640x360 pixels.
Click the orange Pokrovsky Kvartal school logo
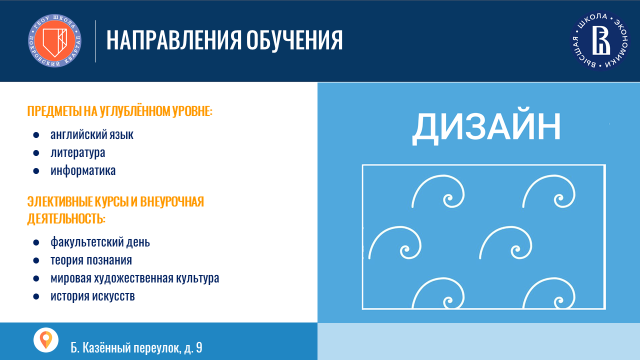tap(54, 40)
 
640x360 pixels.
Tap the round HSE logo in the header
tap(600, 40)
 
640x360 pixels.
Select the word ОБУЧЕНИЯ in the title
tap(294, 40)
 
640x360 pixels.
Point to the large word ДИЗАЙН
tap(486, 126)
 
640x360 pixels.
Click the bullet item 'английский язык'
tap(92, 134)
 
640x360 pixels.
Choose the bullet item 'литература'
tap(77, 152)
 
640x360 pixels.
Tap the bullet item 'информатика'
tap(83, 170)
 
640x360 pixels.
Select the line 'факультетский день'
tap(100, 242)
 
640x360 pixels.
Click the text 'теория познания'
tap(91, 260)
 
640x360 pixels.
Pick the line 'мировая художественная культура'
tap(135, 278)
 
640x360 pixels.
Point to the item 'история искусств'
tap(92, 296)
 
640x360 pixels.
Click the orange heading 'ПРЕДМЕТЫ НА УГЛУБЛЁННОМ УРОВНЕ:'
tap(120, 111)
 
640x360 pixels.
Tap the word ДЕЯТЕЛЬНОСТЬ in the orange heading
tap(66, 218)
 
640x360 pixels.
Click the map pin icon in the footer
tap(45, 340)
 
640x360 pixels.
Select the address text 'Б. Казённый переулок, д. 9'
tap(136, 347)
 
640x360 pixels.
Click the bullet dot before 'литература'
tap(36, 153)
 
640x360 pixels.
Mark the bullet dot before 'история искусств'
tap(36, 296)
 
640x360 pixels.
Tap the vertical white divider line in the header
tap(95, 41)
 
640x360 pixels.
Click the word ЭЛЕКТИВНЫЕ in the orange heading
tap(60, 201)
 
